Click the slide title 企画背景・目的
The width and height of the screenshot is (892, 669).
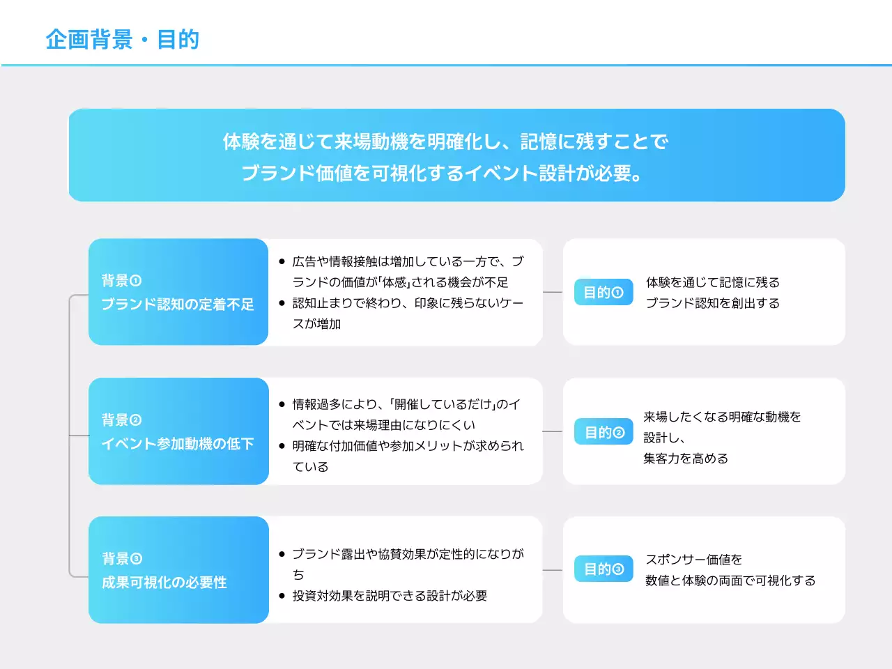point(123,40)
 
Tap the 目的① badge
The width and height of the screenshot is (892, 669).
point(603,293)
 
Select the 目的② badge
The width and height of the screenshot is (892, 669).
point(603,432)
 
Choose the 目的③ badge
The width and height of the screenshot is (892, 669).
point(603,569)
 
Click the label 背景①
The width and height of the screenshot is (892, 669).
point(121,281)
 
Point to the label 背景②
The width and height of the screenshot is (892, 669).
point(121,420)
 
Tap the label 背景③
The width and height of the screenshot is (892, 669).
point(121,559)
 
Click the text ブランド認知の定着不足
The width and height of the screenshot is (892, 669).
point(178,305)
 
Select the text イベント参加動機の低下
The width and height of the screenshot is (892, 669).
point(178,444)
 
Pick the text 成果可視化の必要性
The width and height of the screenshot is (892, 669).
point(164,583)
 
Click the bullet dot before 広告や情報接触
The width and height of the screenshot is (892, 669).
point(282,262)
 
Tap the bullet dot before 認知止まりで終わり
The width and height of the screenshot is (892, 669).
point(282,303)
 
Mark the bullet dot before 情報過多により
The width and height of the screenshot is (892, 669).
point(282,404)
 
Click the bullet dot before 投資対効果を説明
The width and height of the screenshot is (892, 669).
point(282,596)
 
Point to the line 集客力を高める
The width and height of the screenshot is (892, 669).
point(686,459)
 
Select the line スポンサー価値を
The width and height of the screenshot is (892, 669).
point(694,560)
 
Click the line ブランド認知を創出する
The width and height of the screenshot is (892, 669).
point(713,303)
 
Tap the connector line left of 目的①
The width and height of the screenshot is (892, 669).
point(553,293)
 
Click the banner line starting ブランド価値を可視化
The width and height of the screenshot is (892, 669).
point(442,173)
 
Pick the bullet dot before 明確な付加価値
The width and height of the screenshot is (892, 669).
point(282,446)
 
